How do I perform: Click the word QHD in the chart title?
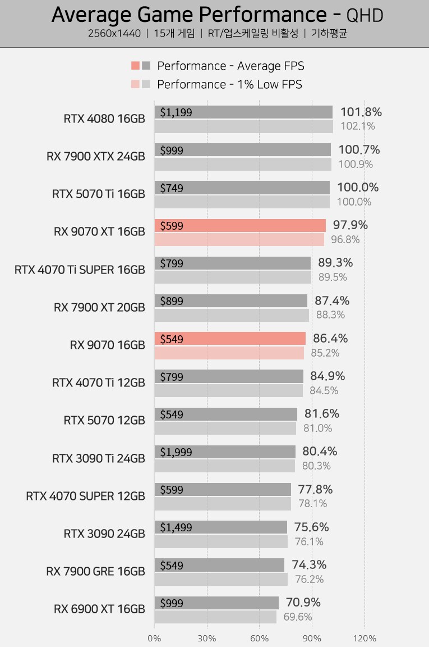coord(365,16)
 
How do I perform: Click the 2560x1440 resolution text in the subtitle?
coord(114,33)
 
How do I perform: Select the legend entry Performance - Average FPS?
coord(230,66)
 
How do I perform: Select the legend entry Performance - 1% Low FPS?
coord(229,84)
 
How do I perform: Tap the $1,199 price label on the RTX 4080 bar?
coord(176,112)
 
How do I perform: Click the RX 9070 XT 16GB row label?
coord(99,231)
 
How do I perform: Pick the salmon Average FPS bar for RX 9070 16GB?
coord(230,339)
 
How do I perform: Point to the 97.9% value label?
coord(350,225)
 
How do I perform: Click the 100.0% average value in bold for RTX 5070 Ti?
coord(358,188)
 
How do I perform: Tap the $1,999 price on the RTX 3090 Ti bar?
coord(176,452)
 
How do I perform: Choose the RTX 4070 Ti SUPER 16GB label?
coord(80,270)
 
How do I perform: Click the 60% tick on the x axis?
coord(259,638)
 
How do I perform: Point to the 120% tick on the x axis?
coord(365,638)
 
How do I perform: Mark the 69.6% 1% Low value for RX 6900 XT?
coord(298,617)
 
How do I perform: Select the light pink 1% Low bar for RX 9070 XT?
coord(239,240)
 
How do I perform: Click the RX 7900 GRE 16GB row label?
coord(95,571)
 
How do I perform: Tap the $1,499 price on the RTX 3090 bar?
coord(176,527)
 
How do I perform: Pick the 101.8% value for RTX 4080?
coord(361,112)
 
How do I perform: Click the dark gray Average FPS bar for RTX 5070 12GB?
coord(225,414)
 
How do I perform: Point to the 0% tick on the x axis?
coord(154,638)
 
